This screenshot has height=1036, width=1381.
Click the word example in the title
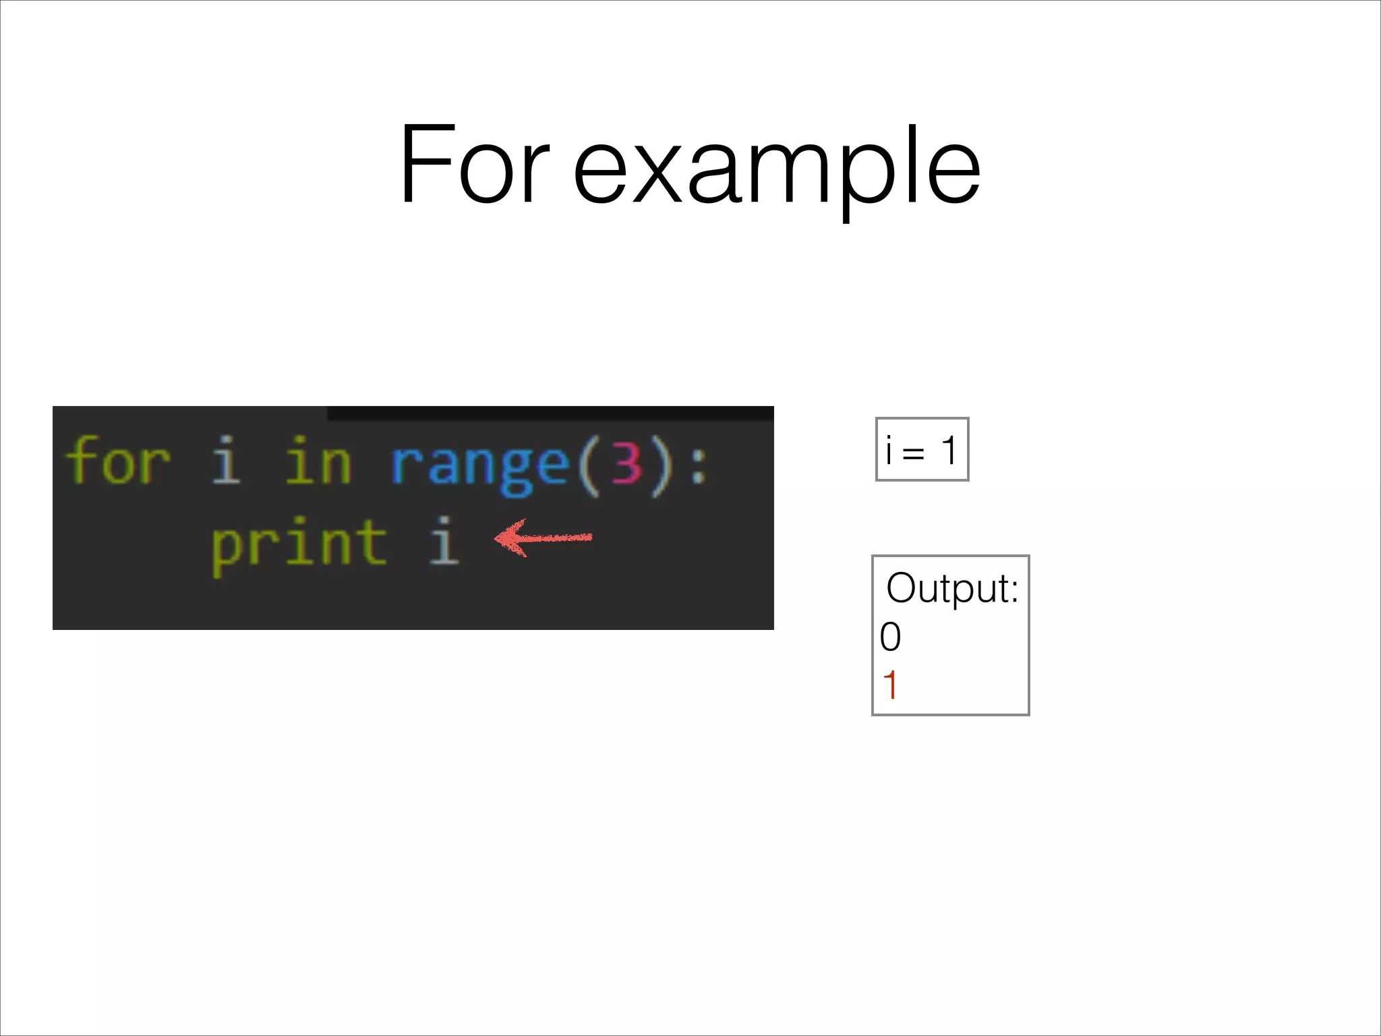tap(776, 169)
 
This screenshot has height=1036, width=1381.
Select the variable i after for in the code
tap(226, 461)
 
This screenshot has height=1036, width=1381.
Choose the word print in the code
tap(299, 545)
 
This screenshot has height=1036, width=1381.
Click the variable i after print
tap(444, 541)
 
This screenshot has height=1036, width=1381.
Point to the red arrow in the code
tap(543, 538)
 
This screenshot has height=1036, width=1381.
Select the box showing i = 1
tap(922, 449)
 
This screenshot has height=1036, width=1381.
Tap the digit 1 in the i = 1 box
tap(949, 450)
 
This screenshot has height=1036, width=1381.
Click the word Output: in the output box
tap(951, 588)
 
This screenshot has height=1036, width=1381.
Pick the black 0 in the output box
tap(890, 637)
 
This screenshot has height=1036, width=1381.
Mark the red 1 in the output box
tap(890, 685)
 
